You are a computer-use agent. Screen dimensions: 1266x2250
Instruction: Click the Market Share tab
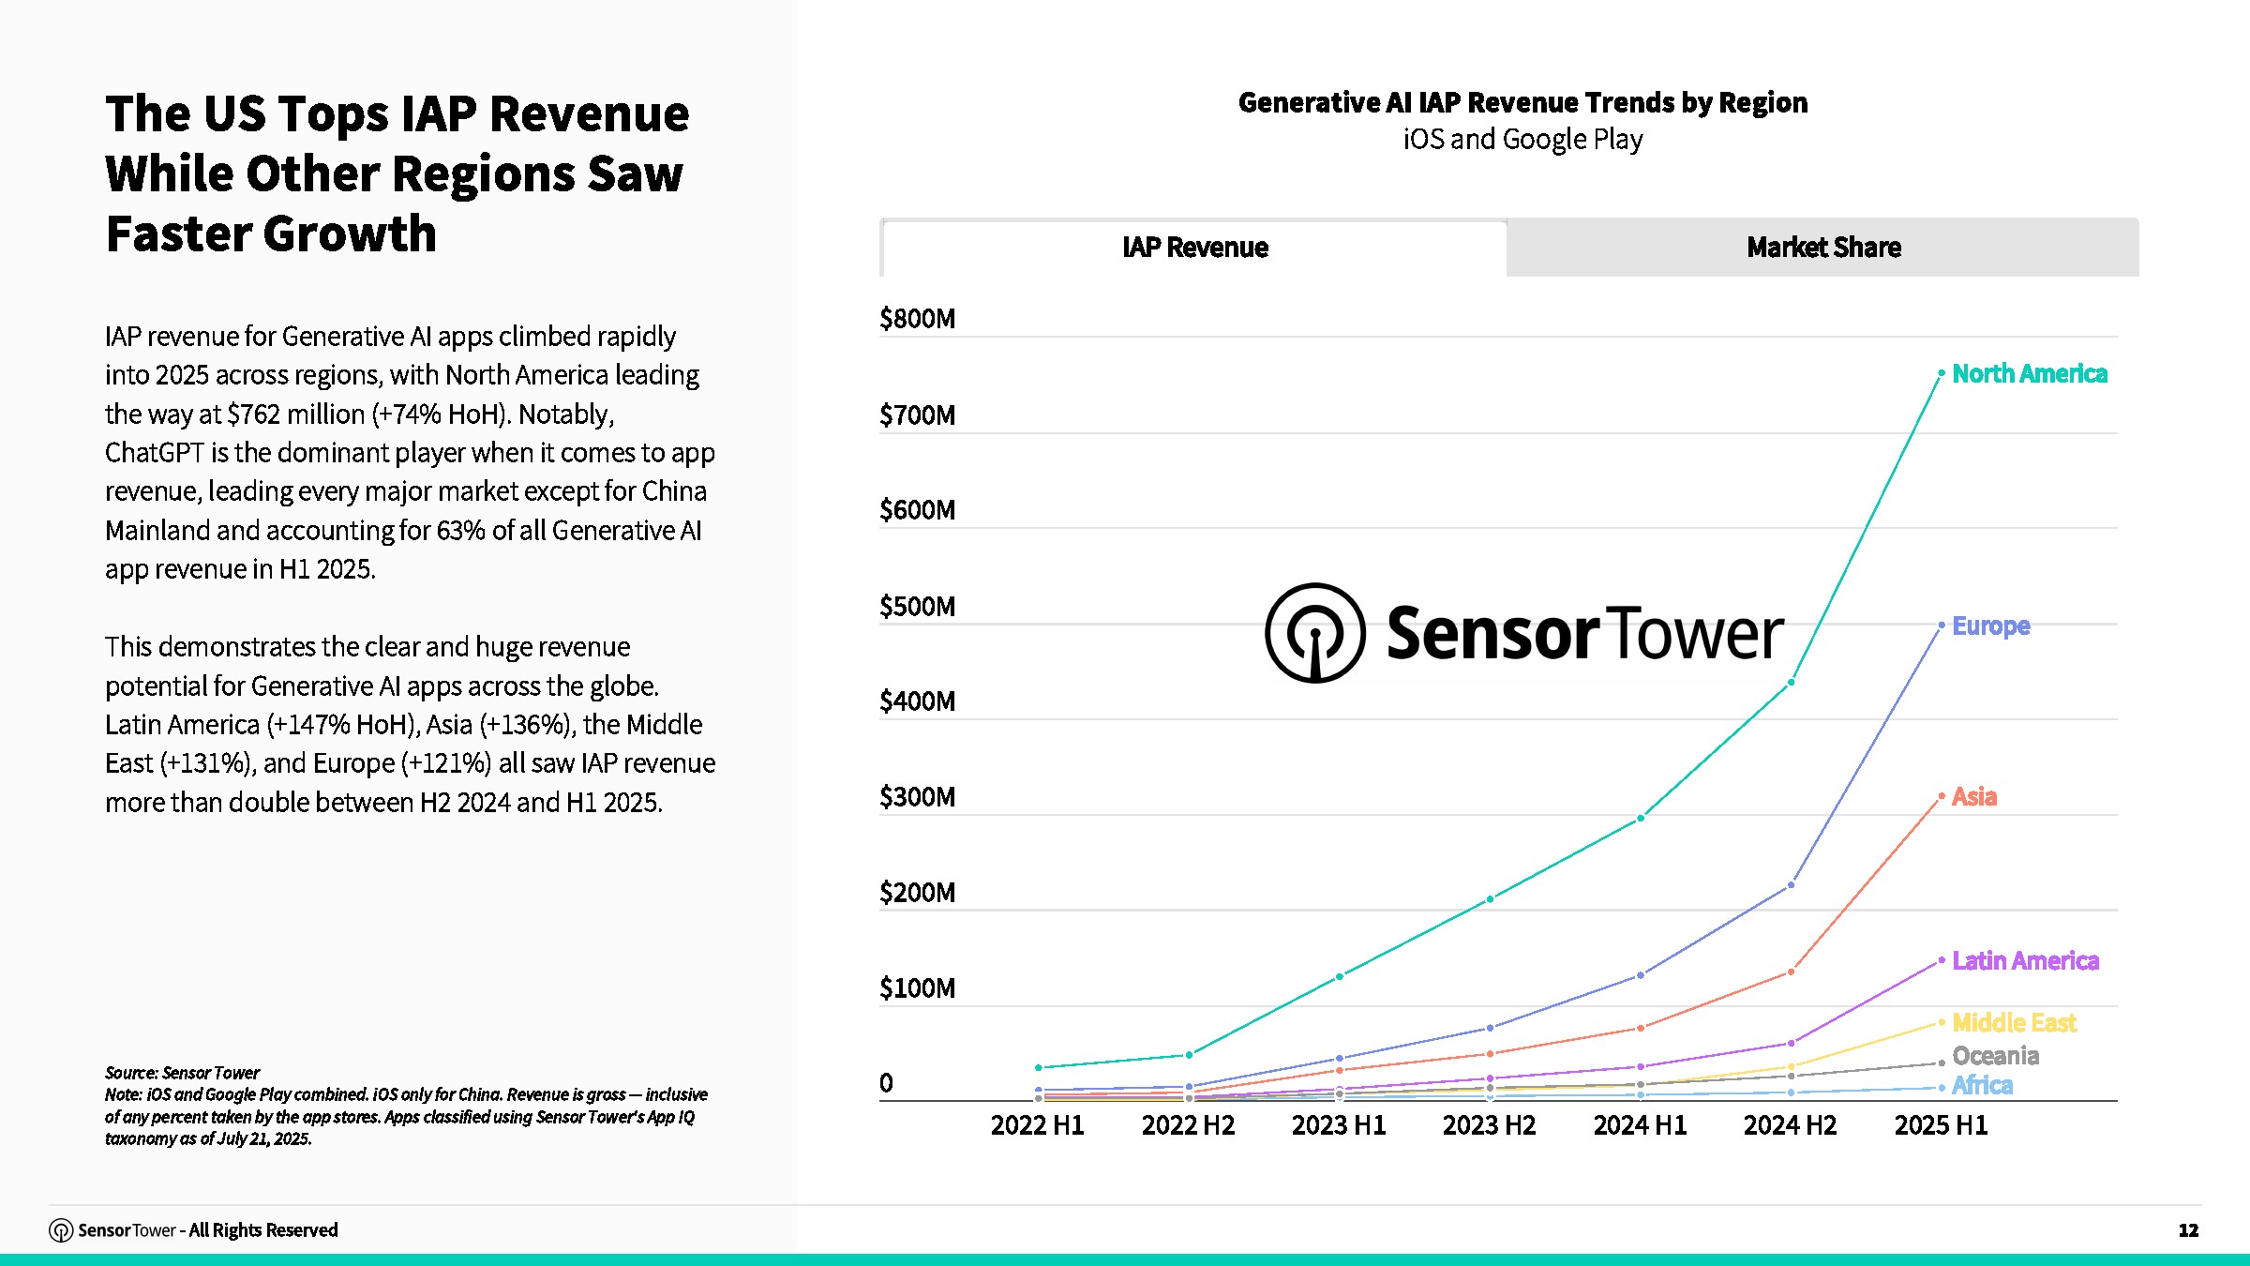1823,248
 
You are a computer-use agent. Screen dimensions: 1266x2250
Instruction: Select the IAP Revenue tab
1195,248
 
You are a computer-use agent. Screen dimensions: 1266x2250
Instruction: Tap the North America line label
2030,374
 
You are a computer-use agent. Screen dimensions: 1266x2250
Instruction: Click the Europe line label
1991,625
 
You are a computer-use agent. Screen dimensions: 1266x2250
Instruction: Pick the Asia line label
1974,797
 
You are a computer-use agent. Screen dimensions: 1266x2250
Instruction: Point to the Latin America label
2025,961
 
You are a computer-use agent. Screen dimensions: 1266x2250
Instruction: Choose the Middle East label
2014,1023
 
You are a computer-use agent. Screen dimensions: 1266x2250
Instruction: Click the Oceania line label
1995,1057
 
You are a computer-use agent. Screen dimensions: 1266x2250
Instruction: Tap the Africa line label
1982,1086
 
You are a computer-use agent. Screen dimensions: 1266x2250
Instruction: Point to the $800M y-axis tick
917,320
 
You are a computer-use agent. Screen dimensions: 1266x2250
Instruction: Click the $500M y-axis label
917,607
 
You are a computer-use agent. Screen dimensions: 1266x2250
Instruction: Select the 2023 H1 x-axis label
1339,1125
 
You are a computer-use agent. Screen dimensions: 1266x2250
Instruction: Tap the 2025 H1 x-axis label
1941,1125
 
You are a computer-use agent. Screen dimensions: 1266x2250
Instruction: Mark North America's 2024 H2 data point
1792,683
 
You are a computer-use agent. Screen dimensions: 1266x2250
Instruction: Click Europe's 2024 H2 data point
1792,884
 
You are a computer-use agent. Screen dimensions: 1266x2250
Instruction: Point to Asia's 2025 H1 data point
1942,796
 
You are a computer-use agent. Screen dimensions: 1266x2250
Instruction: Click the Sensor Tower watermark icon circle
1315,633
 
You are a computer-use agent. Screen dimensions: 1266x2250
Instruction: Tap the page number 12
2188,1230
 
